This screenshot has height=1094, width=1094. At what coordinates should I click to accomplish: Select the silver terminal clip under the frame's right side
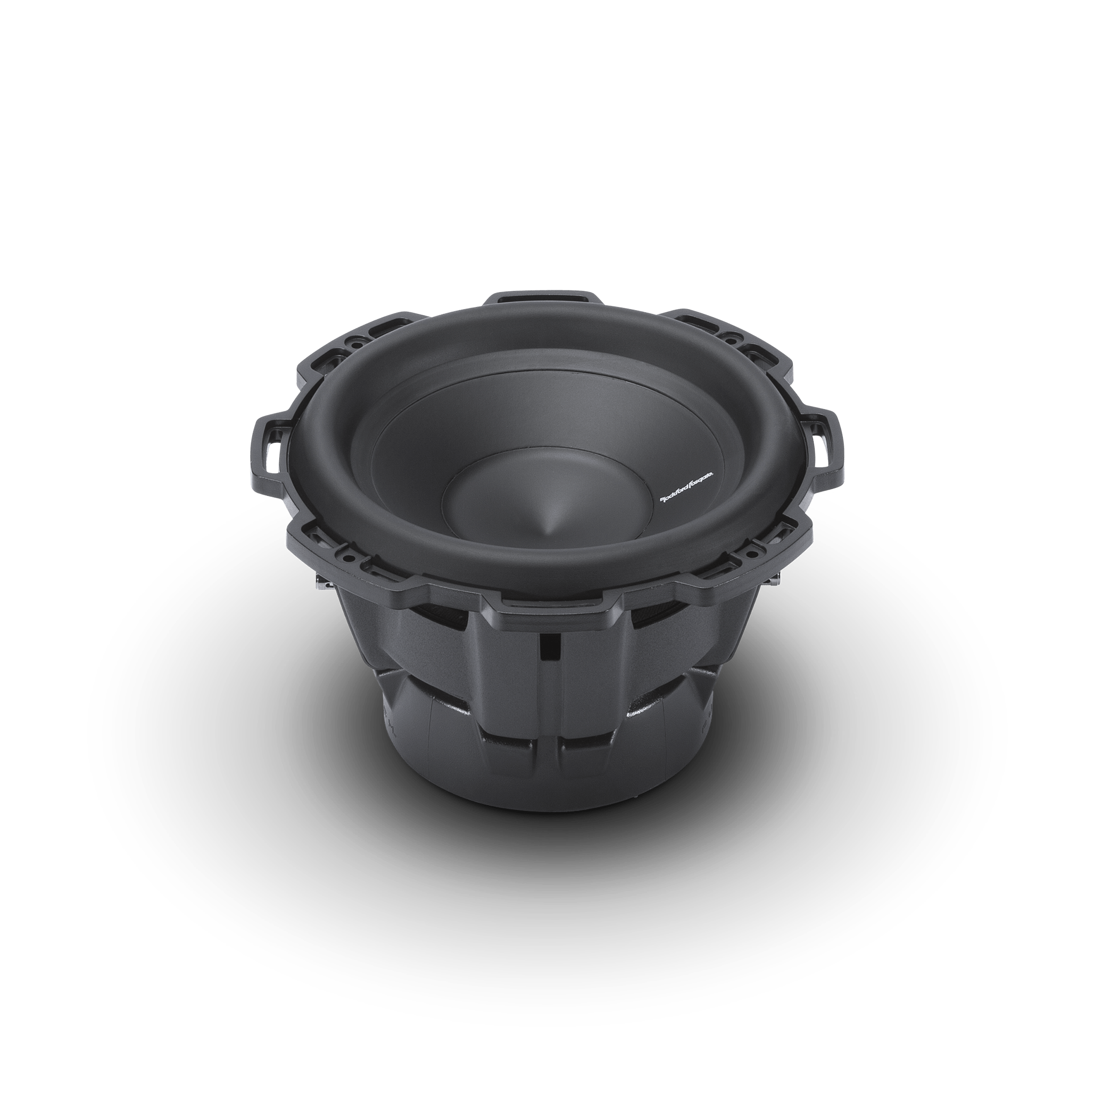[x=776, y=583]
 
